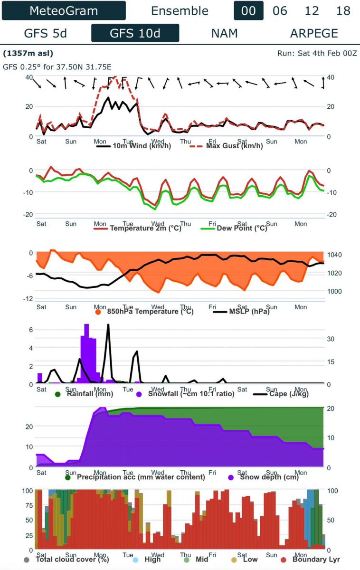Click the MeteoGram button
point(64,10)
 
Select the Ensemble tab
point(180,10)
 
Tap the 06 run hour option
point(280,10)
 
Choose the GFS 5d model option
point(46,33)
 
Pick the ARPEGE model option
point(314,33)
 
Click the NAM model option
point(224,33)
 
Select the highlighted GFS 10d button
point(135,33)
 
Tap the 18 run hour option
point(343,10)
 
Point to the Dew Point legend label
point(242,228)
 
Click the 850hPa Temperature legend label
point(150,312)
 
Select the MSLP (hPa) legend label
point(249,312)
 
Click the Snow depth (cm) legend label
point(269,477)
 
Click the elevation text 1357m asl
point(28,53)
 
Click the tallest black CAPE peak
point(108,325)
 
